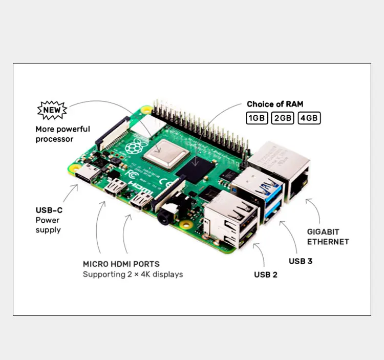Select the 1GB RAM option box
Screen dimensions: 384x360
pos(257,118)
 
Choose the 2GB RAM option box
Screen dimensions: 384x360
pos(283,118)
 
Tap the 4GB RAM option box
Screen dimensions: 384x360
pos(309,118)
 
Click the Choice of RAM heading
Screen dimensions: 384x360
pos(274,104)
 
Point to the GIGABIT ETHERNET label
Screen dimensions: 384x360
pos(328,237)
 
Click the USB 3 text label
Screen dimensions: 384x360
pos(301,261)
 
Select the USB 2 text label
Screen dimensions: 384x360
pos(266,274)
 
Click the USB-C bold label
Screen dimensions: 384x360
pos(49,210)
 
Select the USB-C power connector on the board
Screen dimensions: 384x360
pos(87,174)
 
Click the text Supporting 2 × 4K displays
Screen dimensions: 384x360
pos(133,274)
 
